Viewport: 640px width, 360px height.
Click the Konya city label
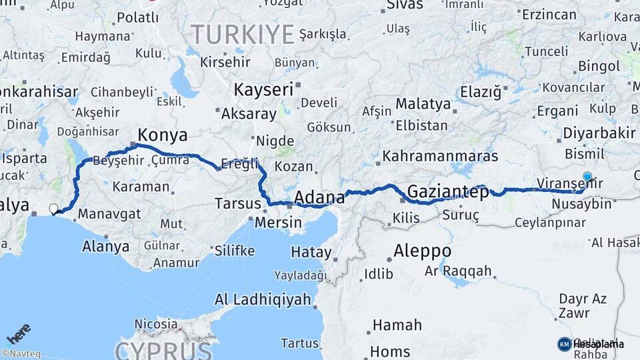pyautogui.click(x=163, y=135)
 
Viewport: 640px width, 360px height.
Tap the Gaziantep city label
pyautogui.click(x=447, y=192)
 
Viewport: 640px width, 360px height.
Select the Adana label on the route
pyautogui.click(x=319, y=197)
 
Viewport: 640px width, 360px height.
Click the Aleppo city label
pyautogui.click(x=422, y=251)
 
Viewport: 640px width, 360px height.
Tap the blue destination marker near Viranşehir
pyautogui.click(x=587, y=177)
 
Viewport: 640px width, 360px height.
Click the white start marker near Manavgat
pyautogui.click(x=54, y=209)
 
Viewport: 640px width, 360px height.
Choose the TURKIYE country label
pyautogui.click(x=243, y=33)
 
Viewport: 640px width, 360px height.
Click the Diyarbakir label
pyautogui.click(x=599, y=133)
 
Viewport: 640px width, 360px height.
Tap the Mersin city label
pyautogui.click(x=279, y=223)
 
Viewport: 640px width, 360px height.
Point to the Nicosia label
pyautogui.click(x=156, y=324)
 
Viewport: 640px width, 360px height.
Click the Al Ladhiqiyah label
pyautogui.click(x=263, y=299)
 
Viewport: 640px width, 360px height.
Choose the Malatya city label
pyautogui.click(x=423, y=104)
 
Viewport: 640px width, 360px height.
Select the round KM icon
pyautogui.click(x=564, y=344)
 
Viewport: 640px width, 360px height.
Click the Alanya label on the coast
pyautogui.click(x=105, y=246)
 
